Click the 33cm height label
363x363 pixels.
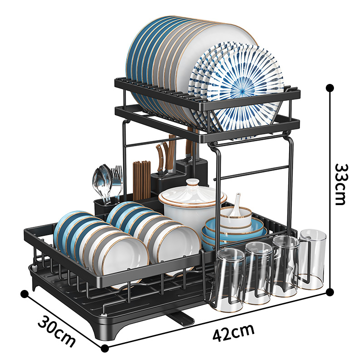pyautogui.click(x=340, y=184)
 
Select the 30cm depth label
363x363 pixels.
pyautogui.click(x=56, y=330)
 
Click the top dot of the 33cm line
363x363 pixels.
pyautogui.click(x=330, y=88)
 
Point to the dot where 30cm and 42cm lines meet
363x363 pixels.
pyautogui.click(x=105, y=348)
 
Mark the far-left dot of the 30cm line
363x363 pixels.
pyautogui.click(x=25, y=294)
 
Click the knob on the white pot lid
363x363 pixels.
pyautogui.click(x=192, y=182)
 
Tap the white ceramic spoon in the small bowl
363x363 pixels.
pyautogui.click(x=236, y=205)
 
